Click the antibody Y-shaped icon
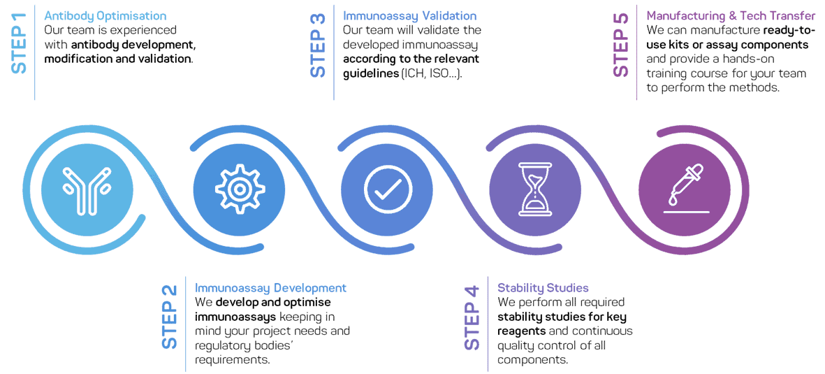pos(87,189)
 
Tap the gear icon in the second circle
pos(238,189)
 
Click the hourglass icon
pos(535,189)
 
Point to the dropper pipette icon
pos(684,190)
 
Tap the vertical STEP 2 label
pos(170,317)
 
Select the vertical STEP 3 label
pos(319,45)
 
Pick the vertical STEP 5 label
pos(620,45)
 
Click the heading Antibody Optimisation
pos(105,15)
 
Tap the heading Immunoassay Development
pos(270,288)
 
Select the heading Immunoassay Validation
pos(409,15)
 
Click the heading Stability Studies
pos(543,288)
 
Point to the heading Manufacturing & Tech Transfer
pos(731,15)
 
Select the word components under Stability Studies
pos(532,360)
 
